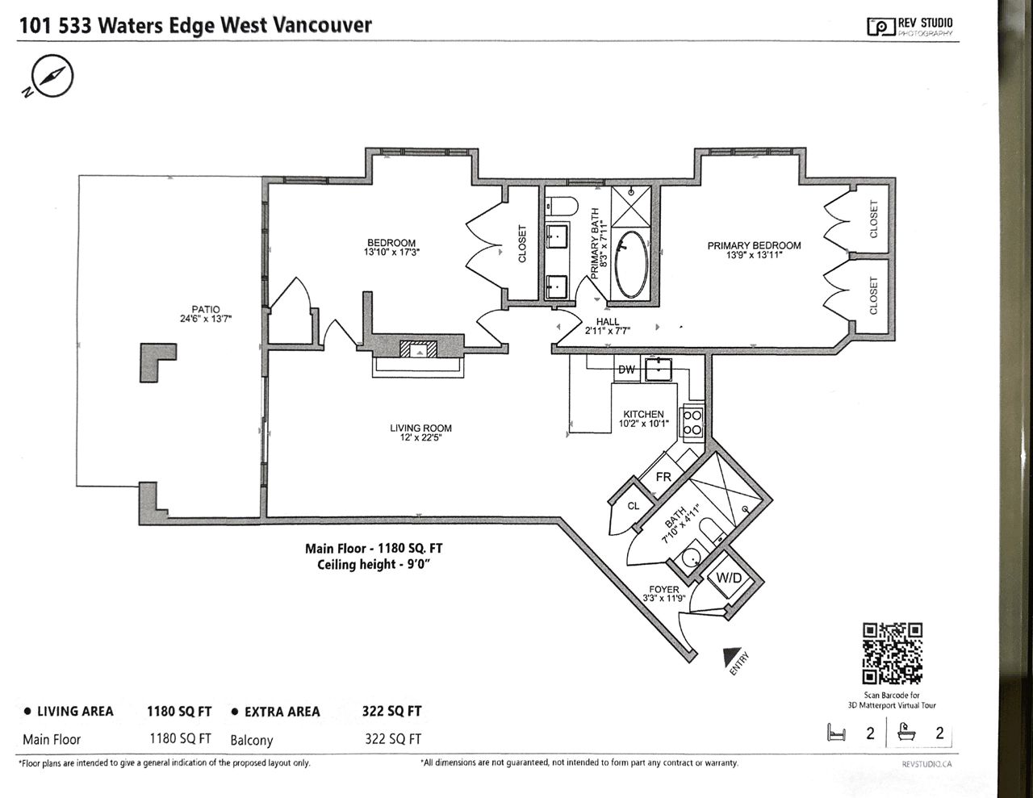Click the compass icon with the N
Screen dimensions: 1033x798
point(51,77)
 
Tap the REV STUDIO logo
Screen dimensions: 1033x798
point(910,26)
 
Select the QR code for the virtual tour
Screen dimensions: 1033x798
point(893,654)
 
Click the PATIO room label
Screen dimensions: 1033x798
point(206,309)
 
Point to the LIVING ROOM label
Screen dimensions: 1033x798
point(420,428)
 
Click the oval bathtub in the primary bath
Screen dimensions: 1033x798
point(631,265)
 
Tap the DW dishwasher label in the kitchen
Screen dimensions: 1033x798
point(626,370)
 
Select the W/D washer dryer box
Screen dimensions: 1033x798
point(729,579)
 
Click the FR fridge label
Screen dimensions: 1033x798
point(663,476)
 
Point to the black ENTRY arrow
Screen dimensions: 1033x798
point(730,656)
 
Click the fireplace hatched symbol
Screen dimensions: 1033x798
point(418,349)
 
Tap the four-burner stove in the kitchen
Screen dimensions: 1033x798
point(692,423)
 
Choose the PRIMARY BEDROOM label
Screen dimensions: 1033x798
point(754,246)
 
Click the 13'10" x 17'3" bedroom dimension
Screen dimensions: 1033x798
point(391,252)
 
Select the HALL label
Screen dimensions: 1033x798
point(608,322)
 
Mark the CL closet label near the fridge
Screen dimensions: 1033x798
point(634,506)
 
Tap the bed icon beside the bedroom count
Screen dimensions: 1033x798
point(837,733)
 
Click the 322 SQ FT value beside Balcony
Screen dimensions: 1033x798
point(393,739)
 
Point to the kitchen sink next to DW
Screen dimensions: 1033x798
point(659,370)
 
